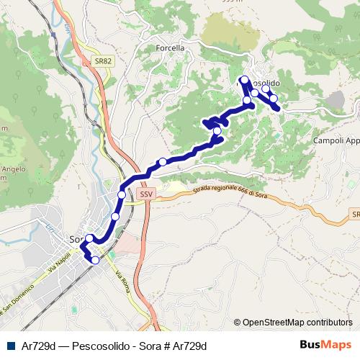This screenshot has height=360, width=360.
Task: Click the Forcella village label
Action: coord(171,48)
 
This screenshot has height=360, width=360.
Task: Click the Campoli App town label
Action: coord(336,141)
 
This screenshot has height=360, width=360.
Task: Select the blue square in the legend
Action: coord(9,345)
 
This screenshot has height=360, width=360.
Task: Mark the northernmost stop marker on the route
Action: coord(245,79)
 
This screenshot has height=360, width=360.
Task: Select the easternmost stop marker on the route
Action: coord(274,99)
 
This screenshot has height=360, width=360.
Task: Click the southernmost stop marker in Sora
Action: coord(95,260)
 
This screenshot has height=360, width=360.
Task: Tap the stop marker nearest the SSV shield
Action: coord(122,195)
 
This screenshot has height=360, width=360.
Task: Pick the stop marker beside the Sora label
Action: coord(89,238)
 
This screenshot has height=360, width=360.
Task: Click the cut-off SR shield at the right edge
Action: coord(356,215)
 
